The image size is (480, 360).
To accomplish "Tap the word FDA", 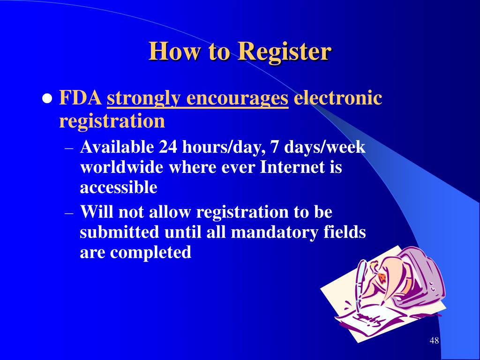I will click(x=81, y=99).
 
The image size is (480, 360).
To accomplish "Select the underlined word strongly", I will click(x=143, y=99).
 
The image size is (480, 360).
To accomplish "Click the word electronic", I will click(x=337, y=99).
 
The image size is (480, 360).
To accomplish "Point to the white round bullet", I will click(x=47, y=100).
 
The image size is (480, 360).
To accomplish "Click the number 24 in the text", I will click(x=168, y=147).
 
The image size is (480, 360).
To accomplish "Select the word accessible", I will click(x=119, y=187).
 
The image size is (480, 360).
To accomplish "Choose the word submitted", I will click(x=120, y=232).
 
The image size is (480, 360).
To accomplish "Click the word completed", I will click(x=150, y=253).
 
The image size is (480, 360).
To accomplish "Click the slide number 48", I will click(x=434, y=340).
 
